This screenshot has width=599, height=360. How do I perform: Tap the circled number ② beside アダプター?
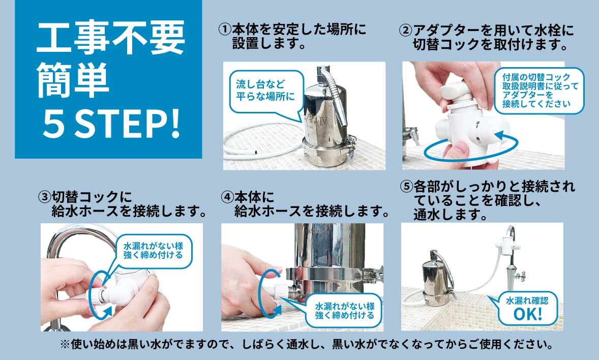coord(405,30)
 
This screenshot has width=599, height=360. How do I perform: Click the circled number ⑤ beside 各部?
coord(406,187)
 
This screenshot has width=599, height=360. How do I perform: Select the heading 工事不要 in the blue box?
coord(110,37)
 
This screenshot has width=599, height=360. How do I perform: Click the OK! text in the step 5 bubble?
coord(528,314)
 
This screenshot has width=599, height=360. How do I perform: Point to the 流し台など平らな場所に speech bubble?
coord(265,91)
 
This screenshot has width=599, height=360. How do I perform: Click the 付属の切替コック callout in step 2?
coord(539,91)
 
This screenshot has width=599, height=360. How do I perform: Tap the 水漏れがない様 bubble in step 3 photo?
coord(153,251)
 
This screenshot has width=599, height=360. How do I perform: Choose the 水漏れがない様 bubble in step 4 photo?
coord(344,310)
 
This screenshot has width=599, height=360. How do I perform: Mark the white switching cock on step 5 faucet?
coord(507,244)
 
